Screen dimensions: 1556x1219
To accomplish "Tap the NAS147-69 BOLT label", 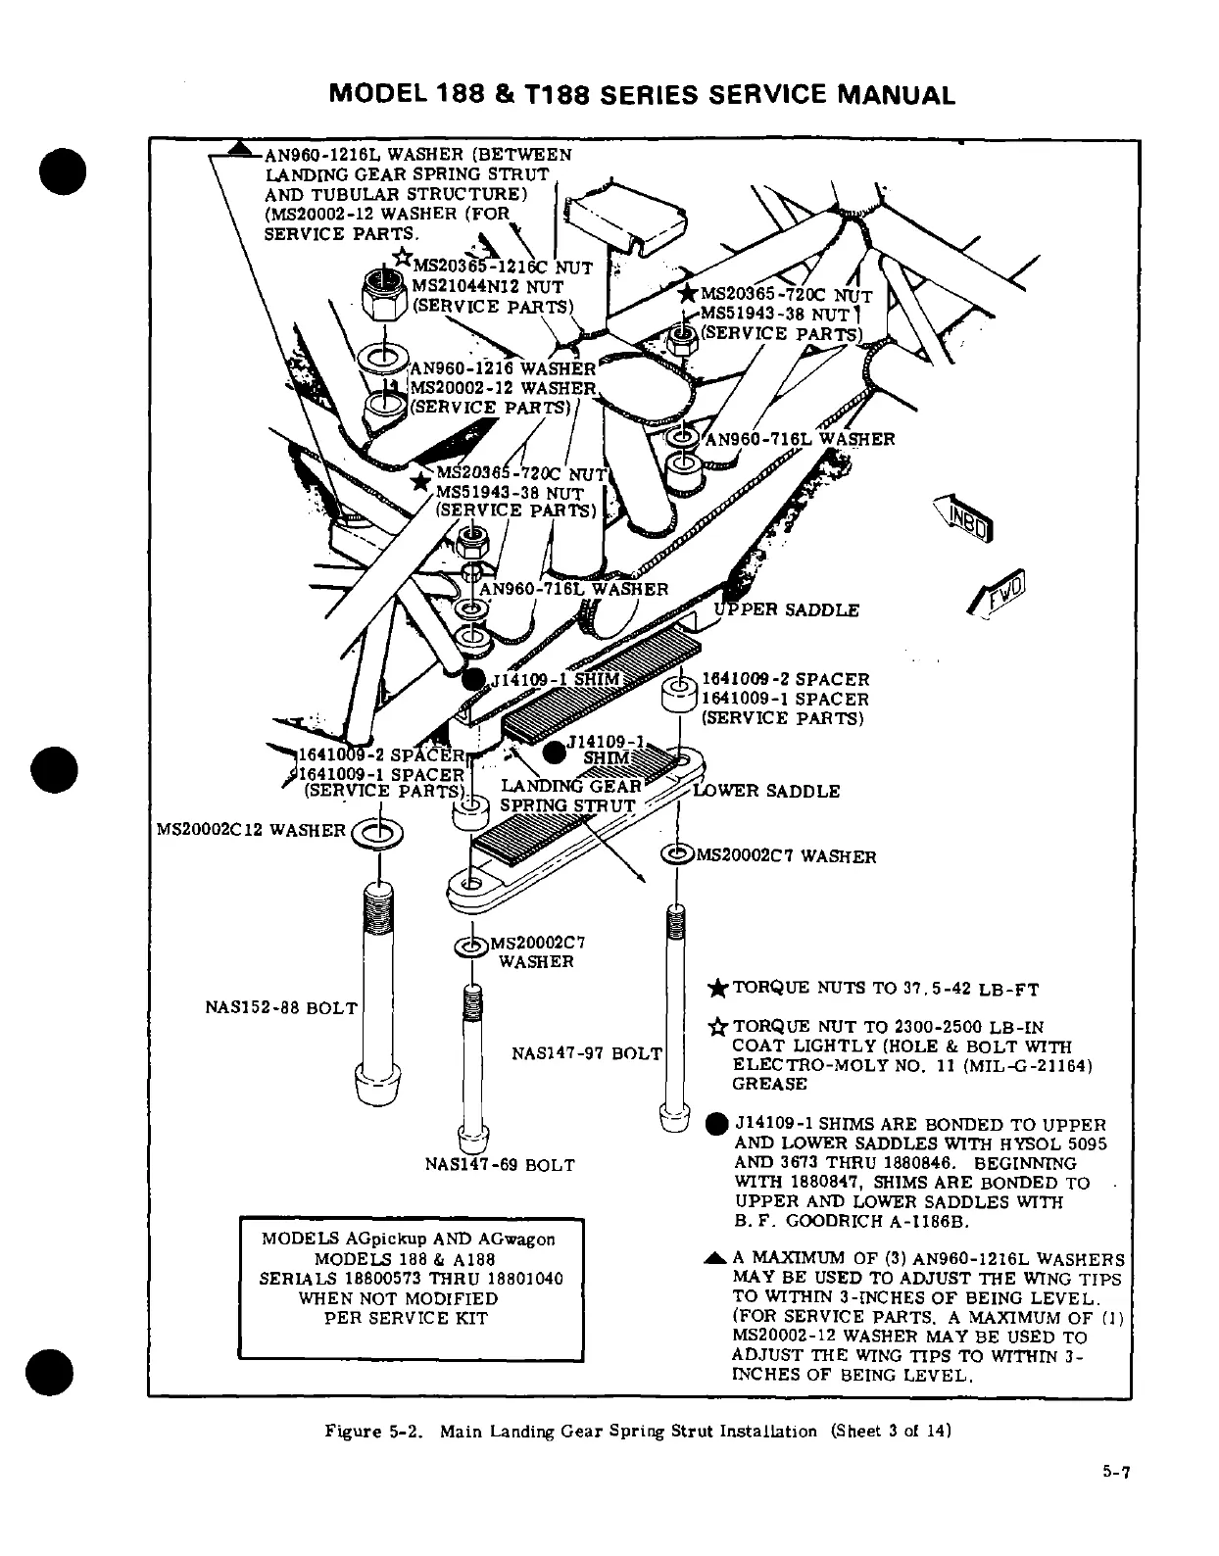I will click(x=500, y=1165).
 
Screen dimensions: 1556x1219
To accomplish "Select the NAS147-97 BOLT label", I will click(x=587, y=1053).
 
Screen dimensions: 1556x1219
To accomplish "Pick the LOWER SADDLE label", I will click(x=766, y=791).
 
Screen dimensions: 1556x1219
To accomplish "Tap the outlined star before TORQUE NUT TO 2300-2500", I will click(x=717, y=1027).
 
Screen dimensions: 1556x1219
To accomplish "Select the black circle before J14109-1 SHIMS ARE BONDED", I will click(x=717, y=1124).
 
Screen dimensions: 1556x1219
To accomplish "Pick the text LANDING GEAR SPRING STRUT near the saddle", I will click(x=570, y=796).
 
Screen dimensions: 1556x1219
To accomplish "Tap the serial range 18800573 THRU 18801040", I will click(x=411, y=1279).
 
